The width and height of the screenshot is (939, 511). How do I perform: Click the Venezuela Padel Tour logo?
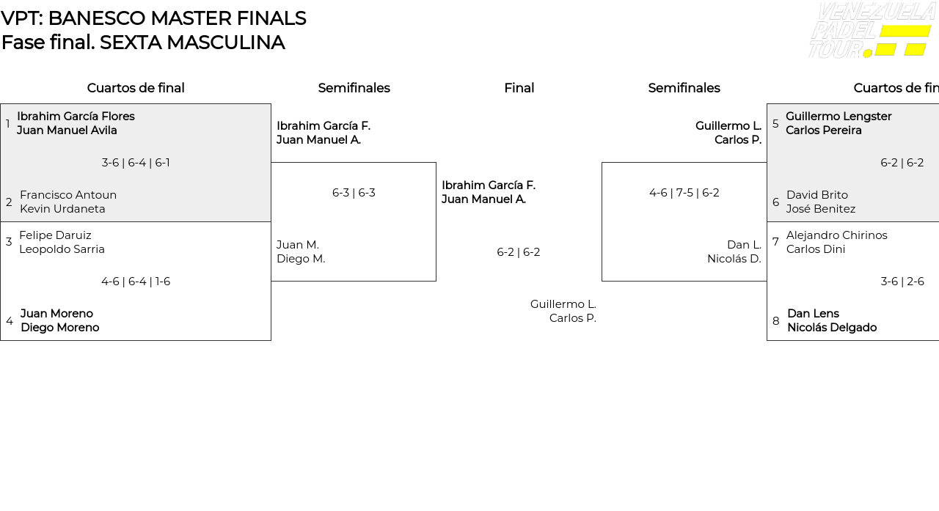[871, 30]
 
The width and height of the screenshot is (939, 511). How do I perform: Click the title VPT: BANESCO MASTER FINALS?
[153, 18]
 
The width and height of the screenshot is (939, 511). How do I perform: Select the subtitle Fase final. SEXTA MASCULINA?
[143, 43]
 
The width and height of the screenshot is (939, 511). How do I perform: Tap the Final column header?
[519, 88]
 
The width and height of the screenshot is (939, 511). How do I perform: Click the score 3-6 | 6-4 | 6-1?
[136, 163]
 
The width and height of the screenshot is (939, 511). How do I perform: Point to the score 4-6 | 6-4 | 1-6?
[136, 282]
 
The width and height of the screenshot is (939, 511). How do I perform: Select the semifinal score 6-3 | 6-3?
[354, 193]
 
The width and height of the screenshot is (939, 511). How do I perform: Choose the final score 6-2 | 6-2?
[519, 252]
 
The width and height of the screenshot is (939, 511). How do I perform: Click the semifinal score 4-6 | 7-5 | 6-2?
[684, 193]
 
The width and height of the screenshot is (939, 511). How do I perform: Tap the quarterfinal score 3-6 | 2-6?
[902, 282]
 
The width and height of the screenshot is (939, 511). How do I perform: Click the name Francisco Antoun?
[68, 195]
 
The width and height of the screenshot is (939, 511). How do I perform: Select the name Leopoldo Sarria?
[62, 249]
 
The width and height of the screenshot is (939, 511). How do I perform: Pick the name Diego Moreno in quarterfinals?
[59, 328]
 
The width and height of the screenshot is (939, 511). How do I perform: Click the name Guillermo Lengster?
[838, 117]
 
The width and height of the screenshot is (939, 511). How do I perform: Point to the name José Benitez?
[821, 209]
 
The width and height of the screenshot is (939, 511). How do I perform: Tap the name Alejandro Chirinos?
[837, 235]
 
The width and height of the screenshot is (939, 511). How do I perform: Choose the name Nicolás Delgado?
[832, 328]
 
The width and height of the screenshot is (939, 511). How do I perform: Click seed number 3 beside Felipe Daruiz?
[9, 242]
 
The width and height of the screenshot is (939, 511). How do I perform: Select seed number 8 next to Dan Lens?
[776, 321]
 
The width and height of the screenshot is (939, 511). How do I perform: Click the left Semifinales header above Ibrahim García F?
[354, 88]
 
